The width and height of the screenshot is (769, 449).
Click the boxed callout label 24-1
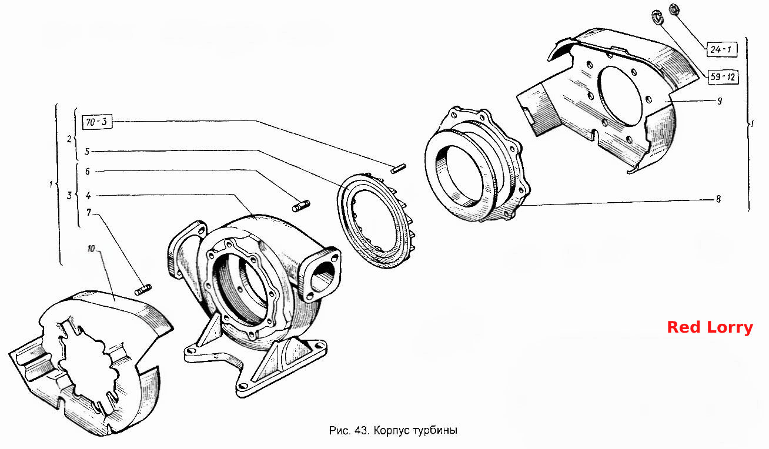tap(721, 50)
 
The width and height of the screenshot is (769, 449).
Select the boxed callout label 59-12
tap(723, 76)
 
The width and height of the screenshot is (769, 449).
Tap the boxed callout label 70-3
tap(97, 122)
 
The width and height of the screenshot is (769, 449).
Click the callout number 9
tap(720, 101)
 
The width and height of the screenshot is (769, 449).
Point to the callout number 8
tap(718, 199)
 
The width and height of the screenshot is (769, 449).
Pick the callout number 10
tap(91, 249)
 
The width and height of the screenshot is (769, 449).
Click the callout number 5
tap(87, 152)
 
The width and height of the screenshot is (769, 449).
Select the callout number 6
tap(88, 171)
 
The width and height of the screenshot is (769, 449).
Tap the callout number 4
tap(88, 196)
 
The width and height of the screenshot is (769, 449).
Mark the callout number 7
tap(89, 213)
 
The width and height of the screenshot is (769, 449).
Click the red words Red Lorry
tap(710, 327)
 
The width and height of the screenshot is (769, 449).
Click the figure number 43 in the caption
tap(362, 430)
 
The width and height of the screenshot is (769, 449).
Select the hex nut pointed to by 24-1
tap(674, 9)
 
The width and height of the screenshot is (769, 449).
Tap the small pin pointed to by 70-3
tap(398, 168)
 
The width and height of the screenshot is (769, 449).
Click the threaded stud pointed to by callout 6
tap(301, 206)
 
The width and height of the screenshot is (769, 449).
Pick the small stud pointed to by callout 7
tap(143, 290)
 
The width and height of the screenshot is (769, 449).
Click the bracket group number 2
tap(69, 139)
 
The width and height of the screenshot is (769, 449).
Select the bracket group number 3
tap(69, 196)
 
